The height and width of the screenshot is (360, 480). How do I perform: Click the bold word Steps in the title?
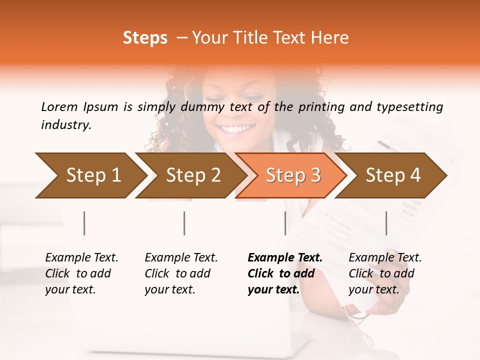pyautogui.click(x=145, y=38)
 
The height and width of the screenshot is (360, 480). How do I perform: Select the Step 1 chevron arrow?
pyautogui.click(x=90, y=175)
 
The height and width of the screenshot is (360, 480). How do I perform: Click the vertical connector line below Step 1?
pyautogui.click(x=84, y=223)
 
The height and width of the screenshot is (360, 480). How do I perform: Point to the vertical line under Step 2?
pyautogui.click(x=184, y=223)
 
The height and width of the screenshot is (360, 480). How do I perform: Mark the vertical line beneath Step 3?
pyautogui.click(x=285, y=223)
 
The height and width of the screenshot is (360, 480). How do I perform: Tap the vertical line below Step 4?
pyautogui.click(x=386, y=223)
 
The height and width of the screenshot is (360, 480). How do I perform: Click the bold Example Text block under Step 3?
pyautogui.click(x=285, y=273)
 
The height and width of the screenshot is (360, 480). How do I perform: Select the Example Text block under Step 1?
pyautogui.click(x=81, y=273)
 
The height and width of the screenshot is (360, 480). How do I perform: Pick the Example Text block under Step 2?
pyautogui.click(x=181, y=273)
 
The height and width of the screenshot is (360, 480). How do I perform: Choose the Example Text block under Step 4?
pyautogui.click(x=385, y=273)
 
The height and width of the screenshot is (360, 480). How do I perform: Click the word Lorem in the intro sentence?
pyautogui.click(x=59, y=107)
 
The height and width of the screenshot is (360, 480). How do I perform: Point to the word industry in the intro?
pyautogui.click(x=65, y=125)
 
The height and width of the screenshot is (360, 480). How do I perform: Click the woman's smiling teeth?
pyautogui.click(x=237, y=129)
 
